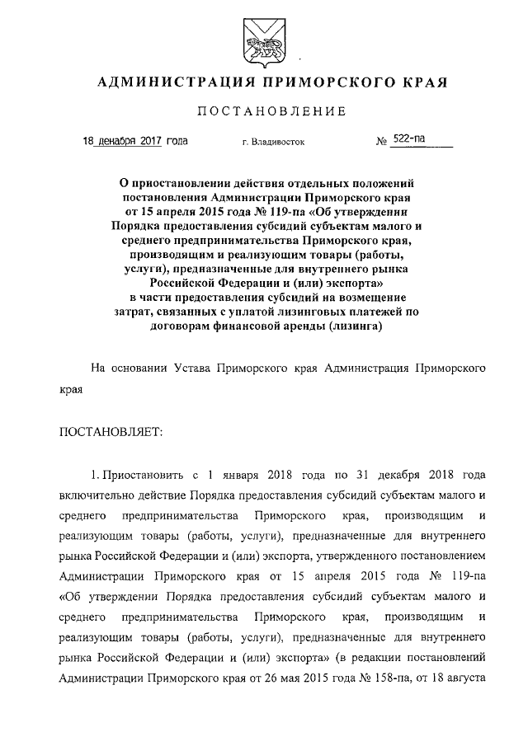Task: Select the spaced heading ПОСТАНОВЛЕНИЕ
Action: pyautogui.click(x=263, y=111)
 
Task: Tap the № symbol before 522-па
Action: pyautogui.click(x=382, y=141)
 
